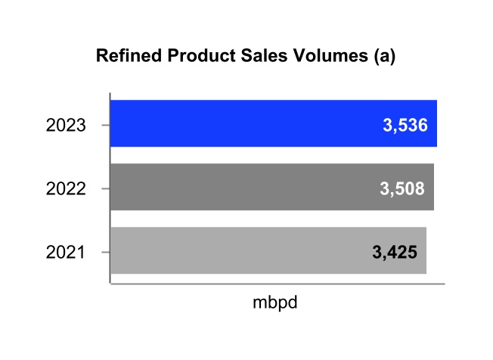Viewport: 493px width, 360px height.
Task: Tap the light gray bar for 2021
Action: [x=242, y=250]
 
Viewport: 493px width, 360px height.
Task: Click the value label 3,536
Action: [x=406, y=125]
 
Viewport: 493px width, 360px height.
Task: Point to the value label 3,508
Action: [x=402, y=188]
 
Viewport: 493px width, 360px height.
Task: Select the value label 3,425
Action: [x=395, y=252]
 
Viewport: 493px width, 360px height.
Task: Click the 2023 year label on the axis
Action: [x=66, y=125]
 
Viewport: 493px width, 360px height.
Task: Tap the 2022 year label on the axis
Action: [x=66, y=188]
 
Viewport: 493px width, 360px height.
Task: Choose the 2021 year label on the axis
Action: [x=66, y=252]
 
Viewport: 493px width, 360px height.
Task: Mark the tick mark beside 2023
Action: [x=106, y=124]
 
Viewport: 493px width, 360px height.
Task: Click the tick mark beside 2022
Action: [x=106, y=188]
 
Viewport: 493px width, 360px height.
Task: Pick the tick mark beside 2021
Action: [x=106, y=251]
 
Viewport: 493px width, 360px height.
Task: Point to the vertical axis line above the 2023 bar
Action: [x=110, y=96]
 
